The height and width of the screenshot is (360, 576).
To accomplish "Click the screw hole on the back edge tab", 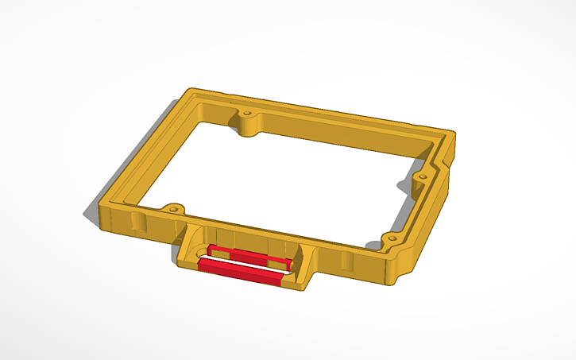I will (x=247, y=114).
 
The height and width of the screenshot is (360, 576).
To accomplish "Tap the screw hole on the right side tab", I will (x=423, y=175).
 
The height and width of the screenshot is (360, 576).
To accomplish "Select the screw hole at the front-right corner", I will (x=390, y=238).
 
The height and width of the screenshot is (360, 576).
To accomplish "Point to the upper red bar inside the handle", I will (x=249, y=255).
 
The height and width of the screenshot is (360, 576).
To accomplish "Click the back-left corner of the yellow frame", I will (x=188, y=91).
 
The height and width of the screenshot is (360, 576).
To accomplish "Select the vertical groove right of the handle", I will (x=343, y=261).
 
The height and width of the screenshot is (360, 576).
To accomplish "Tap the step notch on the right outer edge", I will (x=450, y=164).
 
